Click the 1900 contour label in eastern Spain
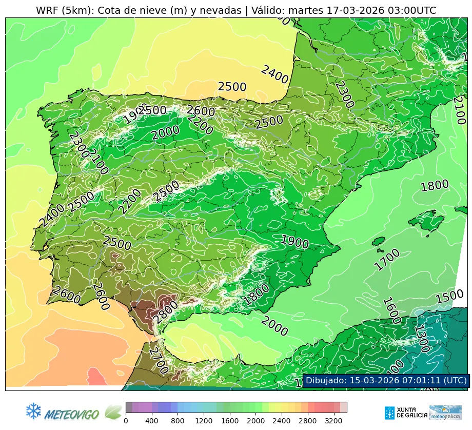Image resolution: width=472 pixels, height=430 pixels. click(x=294, y=242)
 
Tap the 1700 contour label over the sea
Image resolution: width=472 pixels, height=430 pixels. click(x=386, y=259)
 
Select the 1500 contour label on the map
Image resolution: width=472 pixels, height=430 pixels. click(x=449, y=296)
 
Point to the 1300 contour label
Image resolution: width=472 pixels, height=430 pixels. click(x=422, y=339)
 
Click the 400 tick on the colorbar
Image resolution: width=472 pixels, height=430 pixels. click(x=152, y=421)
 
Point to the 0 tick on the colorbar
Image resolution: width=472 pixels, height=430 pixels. click(x=126, y=421)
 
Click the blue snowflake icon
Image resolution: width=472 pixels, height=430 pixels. click(x=33, y=411)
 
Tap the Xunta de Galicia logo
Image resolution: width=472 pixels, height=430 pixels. click(x=405, y=413)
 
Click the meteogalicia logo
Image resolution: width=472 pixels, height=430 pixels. click(x=445, y=413)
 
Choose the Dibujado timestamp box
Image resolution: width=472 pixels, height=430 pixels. click(x=386, y=380)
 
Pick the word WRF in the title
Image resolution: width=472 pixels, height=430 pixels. click(x=47, y=10)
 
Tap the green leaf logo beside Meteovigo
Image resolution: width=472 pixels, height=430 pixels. click(x=113, y=412)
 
